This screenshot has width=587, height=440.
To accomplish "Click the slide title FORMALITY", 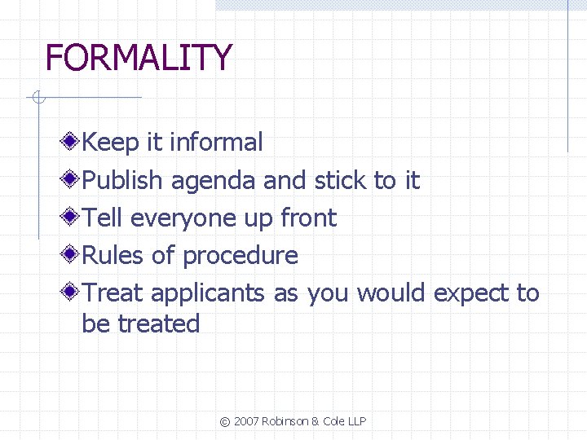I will click(139, 58).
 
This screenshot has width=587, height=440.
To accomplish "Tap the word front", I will click(307, 218).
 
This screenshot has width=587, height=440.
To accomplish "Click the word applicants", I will click(208, 293).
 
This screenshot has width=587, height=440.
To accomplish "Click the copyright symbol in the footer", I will click(224, 421).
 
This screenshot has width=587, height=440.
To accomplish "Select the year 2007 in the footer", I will click(247, 421).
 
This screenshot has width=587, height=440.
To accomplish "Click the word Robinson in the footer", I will click(286, 421).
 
